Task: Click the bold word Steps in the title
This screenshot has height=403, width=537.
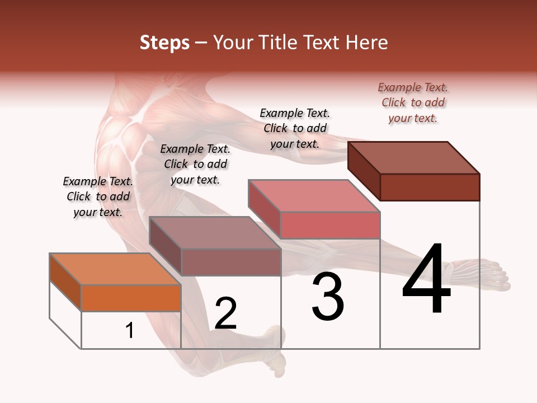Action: (164, 43)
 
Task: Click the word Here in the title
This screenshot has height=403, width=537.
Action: (366, 43)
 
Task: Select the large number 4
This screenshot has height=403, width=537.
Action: (426, 280)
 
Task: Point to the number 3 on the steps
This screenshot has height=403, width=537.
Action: (327, 297)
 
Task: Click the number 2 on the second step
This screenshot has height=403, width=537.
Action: (225, 313)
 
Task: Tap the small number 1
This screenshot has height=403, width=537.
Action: (130, 330)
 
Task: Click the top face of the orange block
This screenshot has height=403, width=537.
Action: (115, 269)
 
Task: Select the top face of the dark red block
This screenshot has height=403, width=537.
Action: (413, 157)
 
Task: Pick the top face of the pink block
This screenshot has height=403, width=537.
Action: (314, 196)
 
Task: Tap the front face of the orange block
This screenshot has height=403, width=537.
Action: (131, 298)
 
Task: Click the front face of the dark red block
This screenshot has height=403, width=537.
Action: (430, 187)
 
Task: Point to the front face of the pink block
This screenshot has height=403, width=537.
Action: (330, 225)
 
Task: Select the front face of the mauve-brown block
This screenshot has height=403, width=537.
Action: (230, 262)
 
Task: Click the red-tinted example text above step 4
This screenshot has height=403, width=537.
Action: (413, 103)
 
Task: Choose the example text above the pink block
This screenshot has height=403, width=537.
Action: (295, 129)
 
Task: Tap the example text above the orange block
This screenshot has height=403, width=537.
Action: (98, 196)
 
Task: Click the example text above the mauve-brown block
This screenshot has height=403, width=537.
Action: (195, 164)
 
